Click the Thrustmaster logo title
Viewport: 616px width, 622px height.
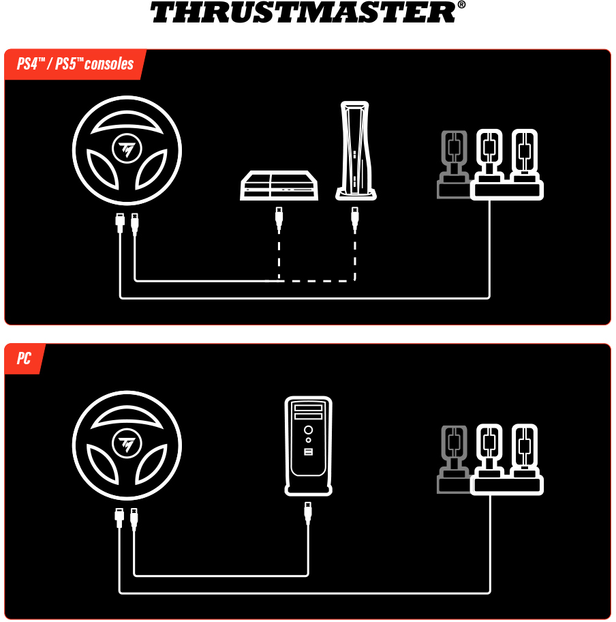click(303, 12)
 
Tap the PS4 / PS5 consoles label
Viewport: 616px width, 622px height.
click(75, 64)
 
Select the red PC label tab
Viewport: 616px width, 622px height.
click(24, 358)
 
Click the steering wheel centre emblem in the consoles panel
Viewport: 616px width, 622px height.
click(127, 149)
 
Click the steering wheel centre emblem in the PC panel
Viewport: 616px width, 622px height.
click(127, 444)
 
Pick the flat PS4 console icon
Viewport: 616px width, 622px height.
click(279, 186)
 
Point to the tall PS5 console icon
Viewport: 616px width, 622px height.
click(355, 150)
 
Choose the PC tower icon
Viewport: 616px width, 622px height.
click(309, 446)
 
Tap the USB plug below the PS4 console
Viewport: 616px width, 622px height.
click(279, 220)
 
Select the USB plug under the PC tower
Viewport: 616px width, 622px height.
click(308, 514)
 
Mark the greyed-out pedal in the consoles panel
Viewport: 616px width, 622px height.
click(454, 164)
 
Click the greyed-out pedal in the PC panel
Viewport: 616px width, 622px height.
click(454, 459)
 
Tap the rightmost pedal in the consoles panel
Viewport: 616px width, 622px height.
click(525, 156)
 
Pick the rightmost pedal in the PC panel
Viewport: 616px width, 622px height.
click(525, 451)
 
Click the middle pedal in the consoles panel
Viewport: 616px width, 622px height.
click(489, 156)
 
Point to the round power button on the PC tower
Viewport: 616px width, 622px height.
click(309, 430)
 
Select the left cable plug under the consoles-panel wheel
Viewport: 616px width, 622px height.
click(120, 223)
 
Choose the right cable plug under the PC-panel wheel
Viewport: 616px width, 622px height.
click(134, 519)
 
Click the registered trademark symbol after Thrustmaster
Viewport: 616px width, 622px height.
click(461, 5)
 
